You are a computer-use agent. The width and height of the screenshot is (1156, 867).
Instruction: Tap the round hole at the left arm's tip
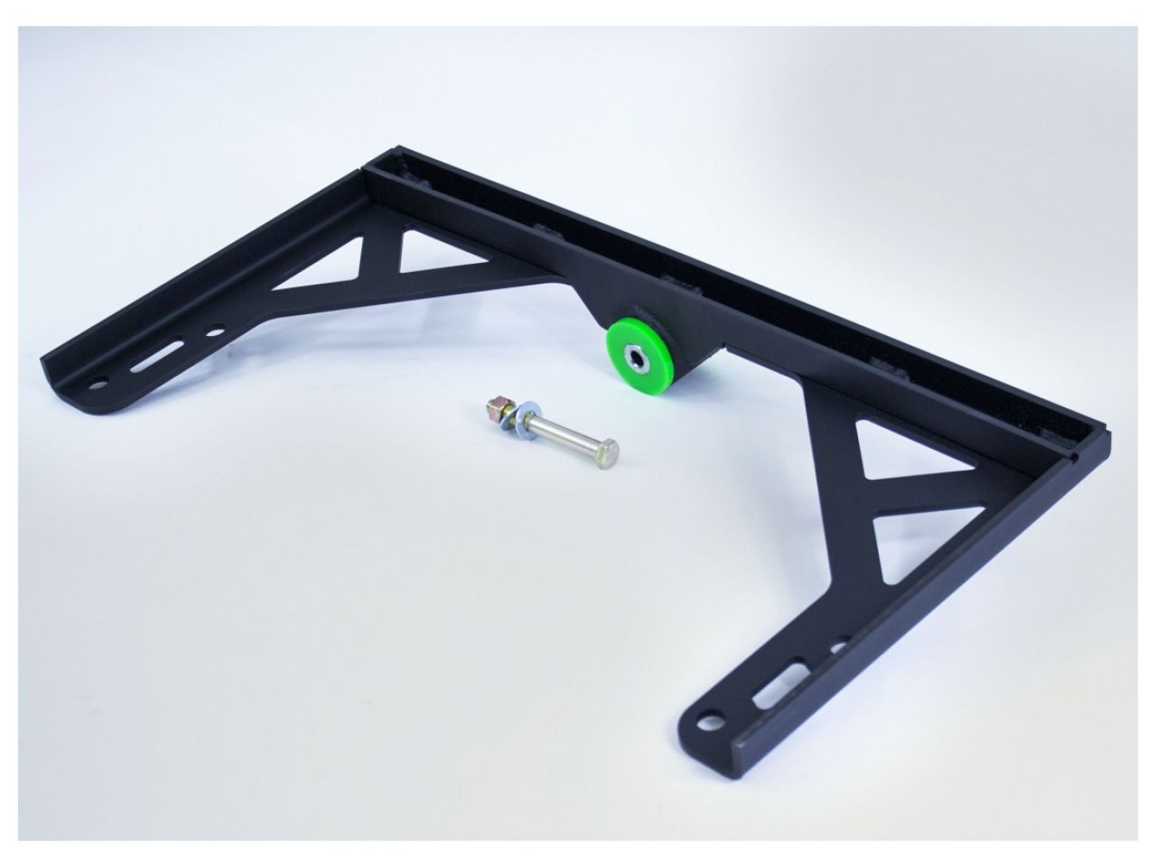(x=97, y=380)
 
